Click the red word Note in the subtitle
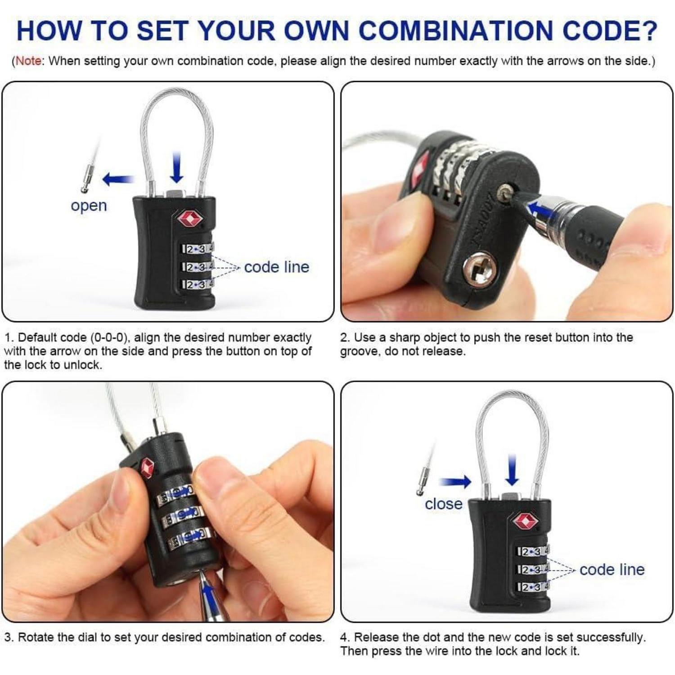tap(28, 61)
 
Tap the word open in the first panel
tap(89, 206)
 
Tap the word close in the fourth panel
tap(443, 504)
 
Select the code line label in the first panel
tap(277, 267)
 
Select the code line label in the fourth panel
tap(612, 569)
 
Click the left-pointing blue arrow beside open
tap(118, 180)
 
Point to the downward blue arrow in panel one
tap(177, 167)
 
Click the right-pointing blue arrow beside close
tap(455, 482)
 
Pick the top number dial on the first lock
tap(197, 249)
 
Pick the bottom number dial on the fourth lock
tap(533, 587)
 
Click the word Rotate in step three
tap(36, 637)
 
